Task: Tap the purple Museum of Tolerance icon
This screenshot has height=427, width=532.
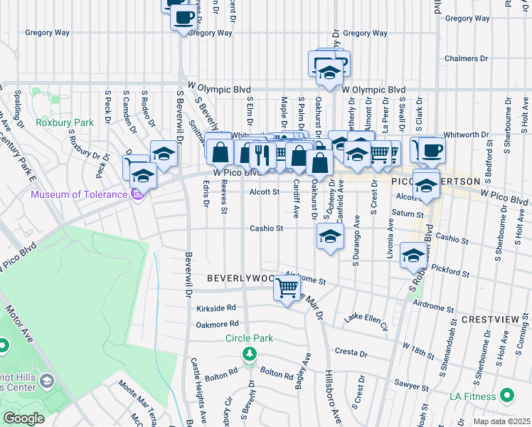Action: click(137, 194)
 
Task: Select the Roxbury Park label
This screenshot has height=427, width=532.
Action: click(65, 122)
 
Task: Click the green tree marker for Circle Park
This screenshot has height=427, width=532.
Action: click(249, 354)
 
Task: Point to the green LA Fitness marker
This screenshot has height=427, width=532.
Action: click(507, 394)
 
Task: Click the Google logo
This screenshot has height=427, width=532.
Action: click(23, 418)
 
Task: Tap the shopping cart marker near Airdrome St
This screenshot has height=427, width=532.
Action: click(287, 289)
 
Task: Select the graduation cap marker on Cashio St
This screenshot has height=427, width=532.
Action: click(329, 237)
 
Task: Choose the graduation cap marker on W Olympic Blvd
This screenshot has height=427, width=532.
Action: click(329, 71)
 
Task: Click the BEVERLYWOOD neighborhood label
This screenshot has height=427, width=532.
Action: click(240, 278)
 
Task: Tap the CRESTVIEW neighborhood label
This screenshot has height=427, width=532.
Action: click(487, 320)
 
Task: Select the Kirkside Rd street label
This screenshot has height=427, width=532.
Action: click(216, 308)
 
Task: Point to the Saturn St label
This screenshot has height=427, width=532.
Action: click(408, 213)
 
